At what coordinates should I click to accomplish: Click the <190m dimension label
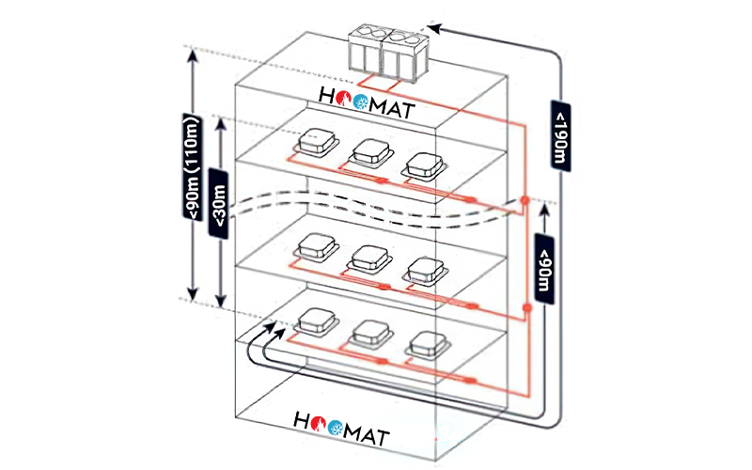pos(560,135)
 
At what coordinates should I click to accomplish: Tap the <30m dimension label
pos(219,203)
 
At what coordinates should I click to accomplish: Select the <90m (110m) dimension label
pos(193,166)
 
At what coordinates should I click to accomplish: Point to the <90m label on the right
pos(544,269)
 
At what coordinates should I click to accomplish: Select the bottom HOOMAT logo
pos(341,429)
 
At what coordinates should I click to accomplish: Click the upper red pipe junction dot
pos(525,200)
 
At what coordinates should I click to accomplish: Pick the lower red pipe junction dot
pos(526,307)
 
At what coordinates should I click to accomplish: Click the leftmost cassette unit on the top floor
pos(317,143)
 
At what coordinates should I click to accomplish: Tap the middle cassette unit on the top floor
pos(370,153)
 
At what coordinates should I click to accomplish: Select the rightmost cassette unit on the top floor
pos(425,166)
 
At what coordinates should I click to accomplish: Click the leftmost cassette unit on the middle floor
pos(316,248)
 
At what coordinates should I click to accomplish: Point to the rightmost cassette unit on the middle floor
pos(426,272)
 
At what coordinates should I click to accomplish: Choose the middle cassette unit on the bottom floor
pos(371,334)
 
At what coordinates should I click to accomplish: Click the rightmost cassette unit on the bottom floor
pos(428,346)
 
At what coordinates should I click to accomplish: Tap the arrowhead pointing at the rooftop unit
pos(434,29)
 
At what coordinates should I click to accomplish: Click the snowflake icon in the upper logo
pos(361,102)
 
